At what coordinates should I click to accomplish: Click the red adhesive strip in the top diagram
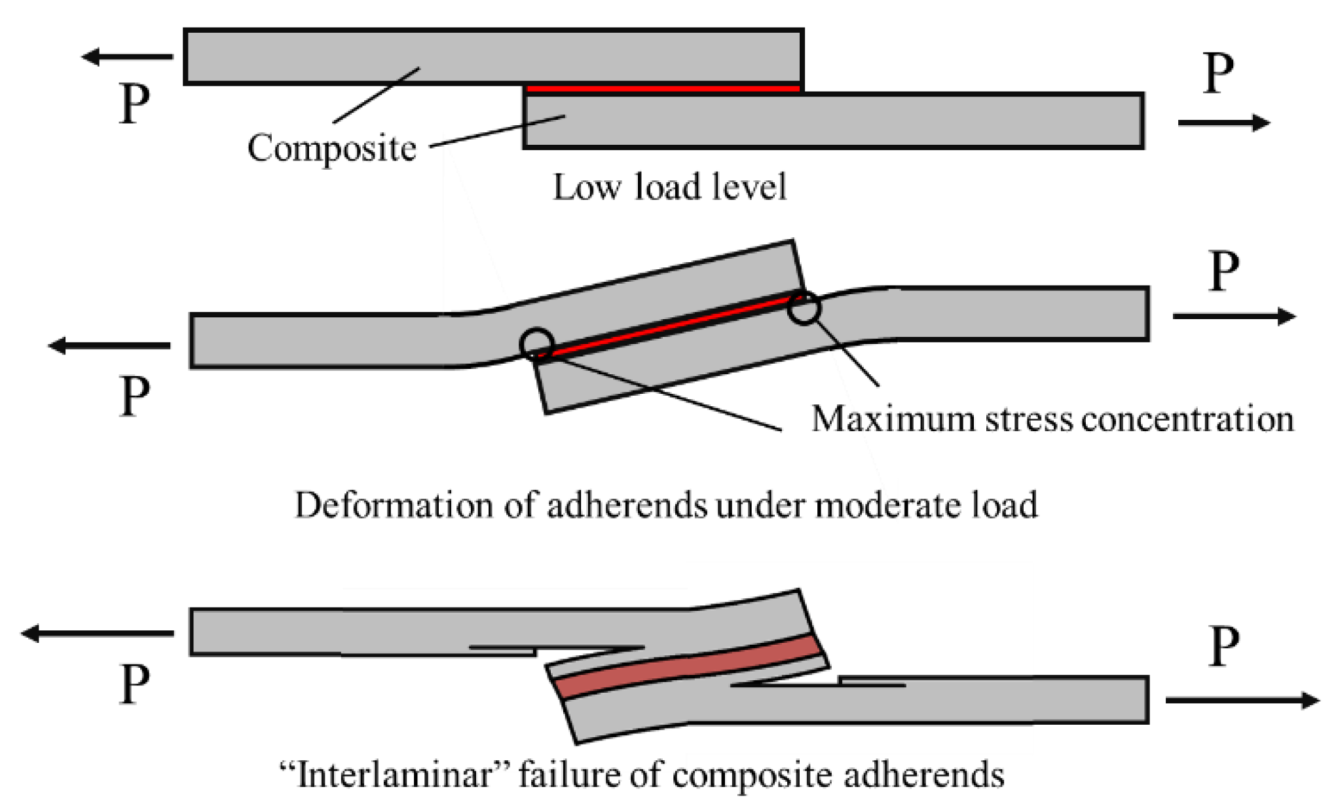pos(663,88)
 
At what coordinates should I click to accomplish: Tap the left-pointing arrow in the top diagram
pos(127,57)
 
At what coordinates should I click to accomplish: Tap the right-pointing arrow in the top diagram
pos(1223,123)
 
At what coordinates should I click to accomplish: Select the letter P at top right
pos(1218,73)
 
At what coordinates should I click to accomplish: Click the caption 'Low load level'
pos(669,187)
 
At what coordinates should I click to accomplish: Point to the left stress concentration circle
pos(537,344)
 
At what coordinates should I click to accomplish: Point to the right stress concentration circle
pos(804,307)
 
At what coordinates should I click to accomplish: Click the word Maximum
pos(893,419)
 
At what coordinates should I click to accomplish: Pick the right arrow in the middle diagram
pos(1234,317)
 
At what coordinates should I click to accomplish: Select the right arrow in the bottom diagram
pos(1242,701)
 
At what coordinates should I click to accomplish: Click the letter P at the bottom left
pos(135,685)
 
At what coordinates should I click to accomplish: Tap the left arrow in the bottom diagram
pos(98,634)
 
